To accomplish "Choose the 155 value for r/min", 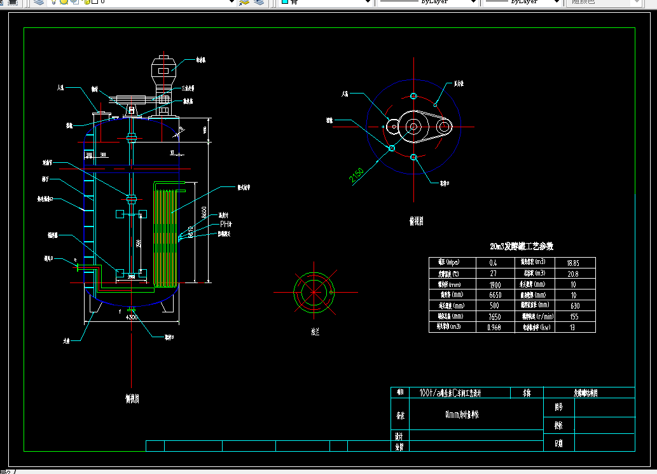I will [573, 317].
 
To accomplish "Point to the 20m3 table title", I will [522, 246].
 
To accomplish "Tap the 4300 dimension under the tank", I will [132, 317].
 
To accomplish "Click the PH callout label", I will [226, 224].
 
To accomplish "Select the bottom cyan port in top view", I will [414, 157].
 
